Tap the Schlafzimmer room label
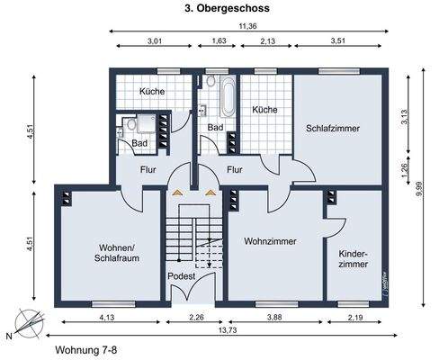332,129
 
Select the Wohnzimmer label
270,241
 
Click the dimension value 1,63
219,41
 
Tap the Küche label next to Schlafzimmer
264,109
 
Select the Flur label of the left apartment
149,167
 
